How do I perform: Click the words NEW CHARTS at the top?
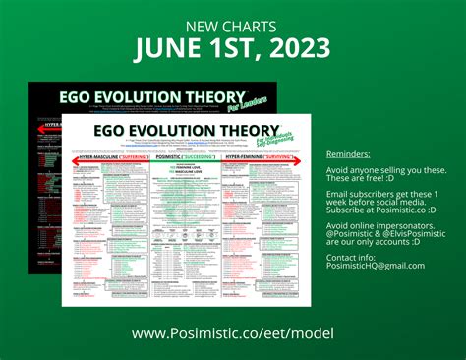click(x=232, y=27)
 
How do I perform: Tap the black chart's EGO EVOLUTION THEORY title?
click(x=138, y=99)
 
